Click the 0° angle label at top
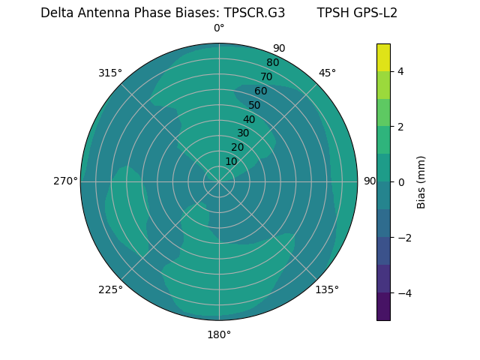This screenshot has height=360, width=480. point(219,28)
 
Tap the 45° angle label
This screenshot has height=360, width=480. point(327,73)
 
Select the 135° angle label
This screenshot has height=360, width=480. point(327,289)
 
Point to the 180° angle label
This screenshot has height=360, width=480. point(219,334)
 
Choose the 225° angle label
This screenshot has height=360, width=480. point(110,290)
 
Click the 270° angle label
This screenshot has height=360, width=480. point(65,181)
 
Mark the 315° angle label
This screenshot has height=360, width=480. point(110,73)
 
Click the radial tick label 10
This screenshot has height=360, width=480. point(231,161)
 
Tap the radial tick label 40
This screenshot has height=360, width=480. point(249,119)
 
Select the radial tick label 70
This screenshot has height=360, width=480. point(266,76)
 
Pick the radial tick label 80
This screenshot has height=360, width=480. point(272,62)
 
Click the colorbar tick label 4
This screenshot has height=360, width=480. point(400,71)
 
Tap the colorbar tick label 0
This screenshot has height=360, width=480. point(400,181)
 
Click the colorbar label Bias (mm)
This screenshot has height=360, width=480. point(421,181)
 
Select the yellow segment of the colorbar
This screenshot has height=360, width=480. point(383,58)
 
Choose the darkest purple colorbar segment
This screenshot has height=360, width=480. point(383,306)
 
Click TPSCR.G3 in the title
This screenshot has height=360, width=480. point(254,13)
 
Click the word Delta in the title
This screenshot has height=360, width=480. point(56,13)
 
